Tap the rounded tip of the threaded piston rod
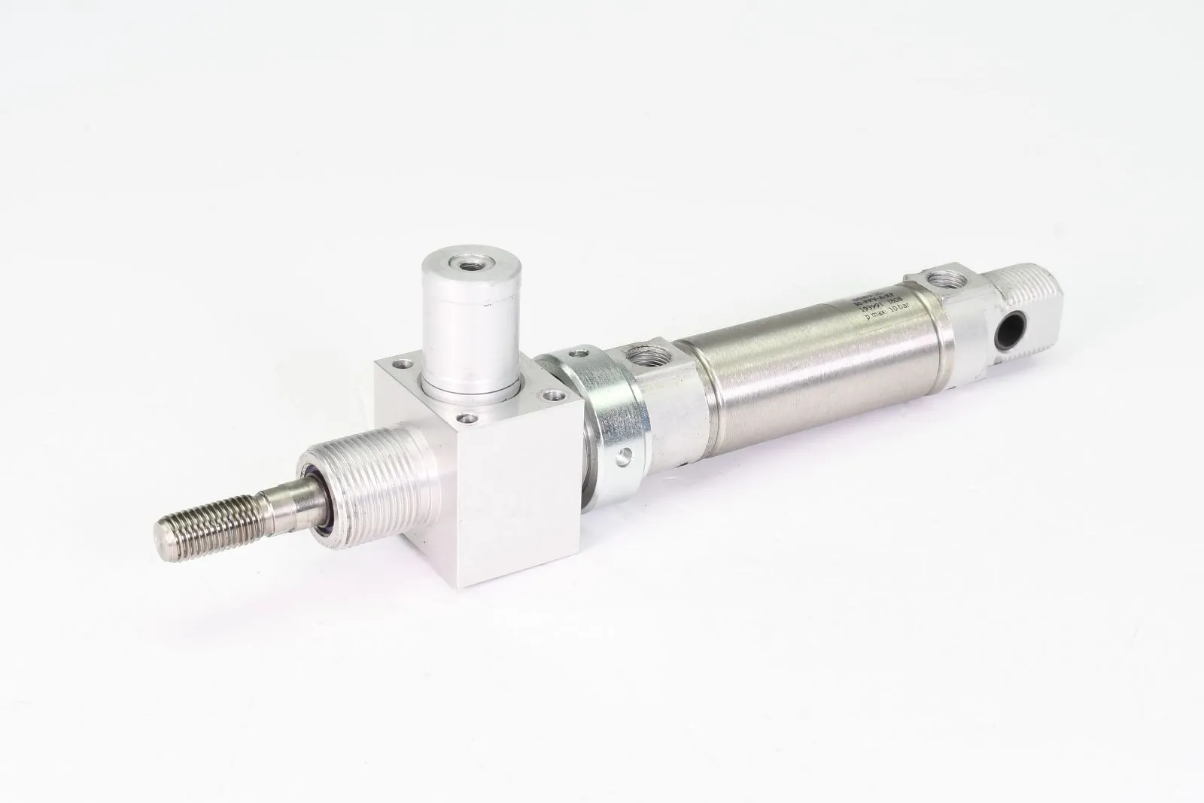point(164,538)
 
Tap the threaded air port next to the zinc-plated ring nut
point(645,353)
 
